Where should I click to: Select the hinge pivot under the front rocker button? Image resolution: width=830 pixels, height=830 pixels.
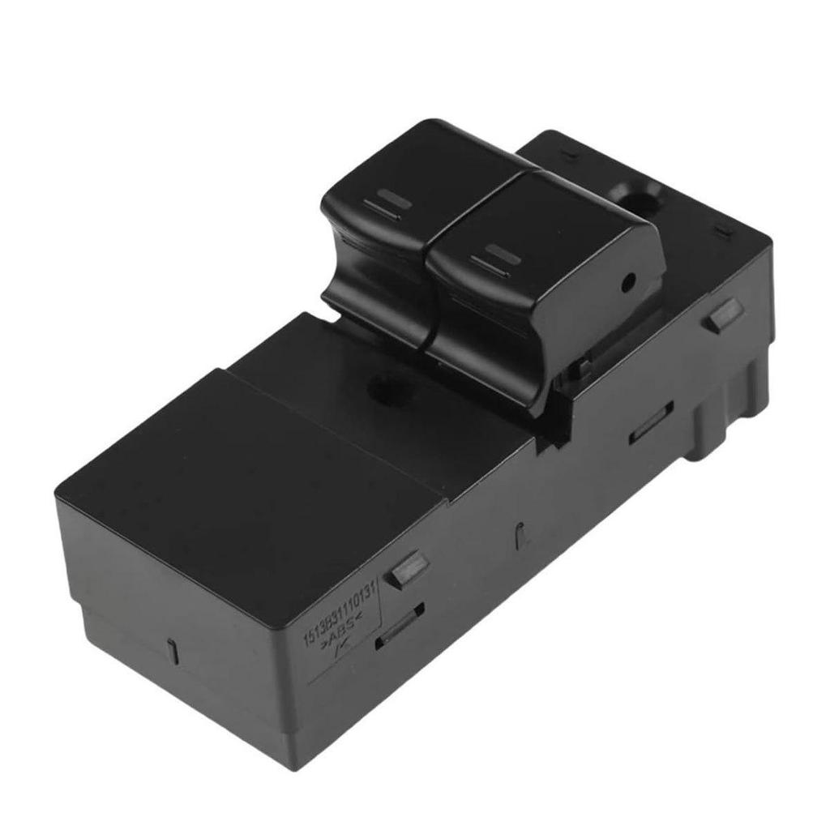(580, 372)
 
